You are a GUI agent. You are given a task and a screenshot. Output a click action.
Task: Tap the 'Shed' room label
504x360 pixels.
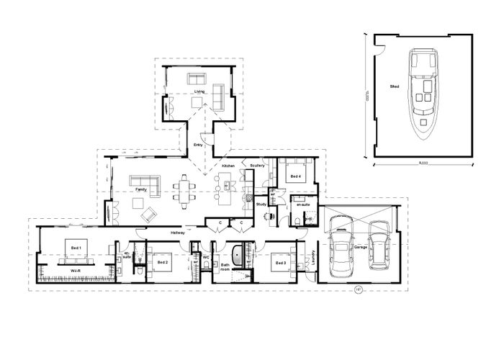click(x=395, y=86)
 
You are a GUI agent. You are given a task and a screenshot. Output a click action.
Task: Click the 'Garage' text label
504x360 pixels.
click(x=361, y=247)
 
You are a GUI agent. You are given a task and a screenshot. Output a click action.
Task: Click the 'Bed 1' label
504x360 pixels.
click(x=76, y=247)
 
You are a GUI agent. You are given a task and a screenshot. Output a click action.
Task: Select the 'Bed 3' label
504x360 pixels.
click(x=279, y=264)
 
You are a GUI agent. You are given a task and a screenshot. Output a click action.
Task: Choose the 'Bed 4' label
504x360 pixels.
click(x=295, y=176)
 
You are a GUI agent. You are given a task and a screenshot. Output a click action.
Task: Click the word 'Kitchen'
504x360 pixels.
click(x=228, y=166)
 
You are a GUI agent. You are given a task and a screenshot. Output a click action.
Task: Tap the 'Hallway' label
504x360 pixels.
click(x=178, y=233)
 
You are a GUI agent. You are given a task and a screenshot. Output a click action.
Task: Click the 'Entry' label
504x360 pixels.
click(x=199, y=146)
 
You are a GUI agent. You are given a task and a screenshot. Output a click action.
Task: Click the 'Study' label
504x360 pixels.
click(x=261, y=205)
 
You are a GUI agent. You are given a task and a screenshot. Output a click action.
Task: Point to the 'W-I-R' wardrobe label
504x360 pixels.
click(x=74, y=270)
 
